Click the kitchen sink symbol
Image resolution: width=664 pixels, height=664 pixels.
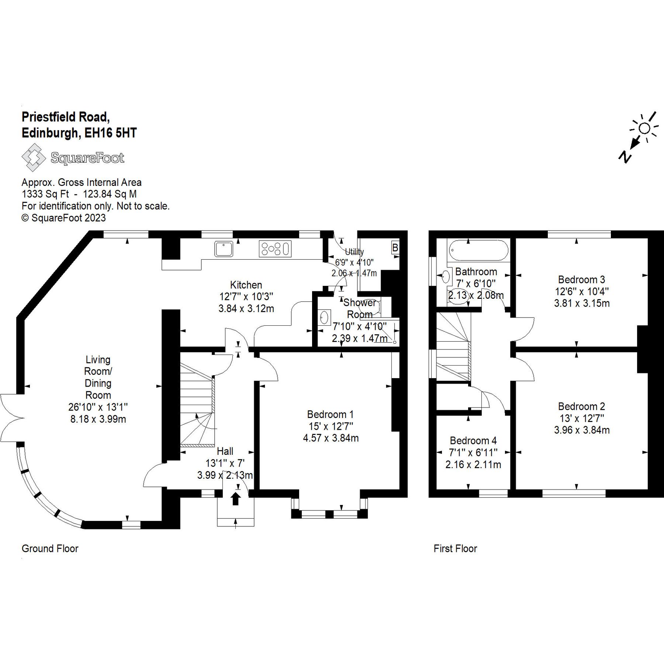coord(224,249)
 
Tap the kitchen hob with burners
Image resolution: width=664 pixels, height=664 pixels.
coord(275,249)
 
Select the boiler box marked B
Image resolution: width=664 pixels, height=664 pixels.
coord(395,248)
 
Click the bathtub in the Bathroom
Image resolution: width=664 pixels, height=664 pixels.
coord(478,250)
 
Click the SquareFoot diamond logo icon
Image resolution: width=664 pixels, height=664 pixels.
coord(34,158)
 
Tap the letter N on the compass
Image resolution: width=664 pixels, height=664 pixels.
coord(625,156)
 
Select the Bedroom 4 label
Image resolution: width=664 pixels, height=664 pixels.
coord(473,440)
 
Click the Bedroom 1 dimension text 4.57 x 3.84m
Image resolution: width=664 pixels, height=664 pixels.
coord(331,438)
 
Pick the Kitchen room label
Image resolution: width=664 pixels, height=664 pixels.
coord(246,285)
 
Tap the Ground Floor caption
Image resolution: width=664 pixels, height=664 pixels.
coord(50,549)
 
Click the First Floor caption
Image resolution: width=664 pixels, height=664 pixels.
coord(455,549)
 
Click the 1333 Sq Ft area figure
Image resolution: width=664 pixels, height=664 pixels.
coord(45,194)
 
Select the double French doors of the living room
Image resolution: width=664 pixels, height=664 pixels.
coord(11,418)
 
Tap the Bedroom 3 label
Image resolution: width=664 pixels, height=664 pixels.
coord(581,280)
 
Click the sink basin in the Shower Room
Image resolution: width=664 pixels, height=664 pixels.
coord(324,318)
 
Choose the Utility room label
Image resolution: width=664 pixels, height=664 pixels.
coord(354,252)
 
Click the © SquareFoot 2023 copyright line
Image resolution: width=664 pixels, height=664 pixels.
coord(63,218)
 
